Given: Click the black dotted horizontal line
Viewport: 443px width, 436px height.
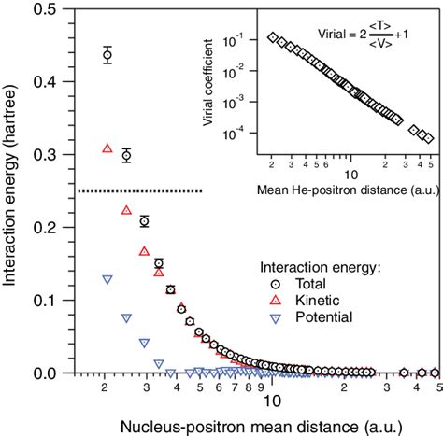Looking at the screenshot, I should [x=140, y=191].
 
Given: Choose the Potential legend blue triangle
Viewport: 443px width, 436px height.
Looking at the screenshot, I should [x=276, y=317].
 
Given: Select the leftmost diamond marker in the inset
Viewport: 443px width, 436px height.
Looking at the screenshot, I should [x=272, y=37].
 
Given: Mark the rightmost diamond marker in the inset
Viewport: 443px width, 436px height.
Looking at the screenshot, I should [x=429, y=138].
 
